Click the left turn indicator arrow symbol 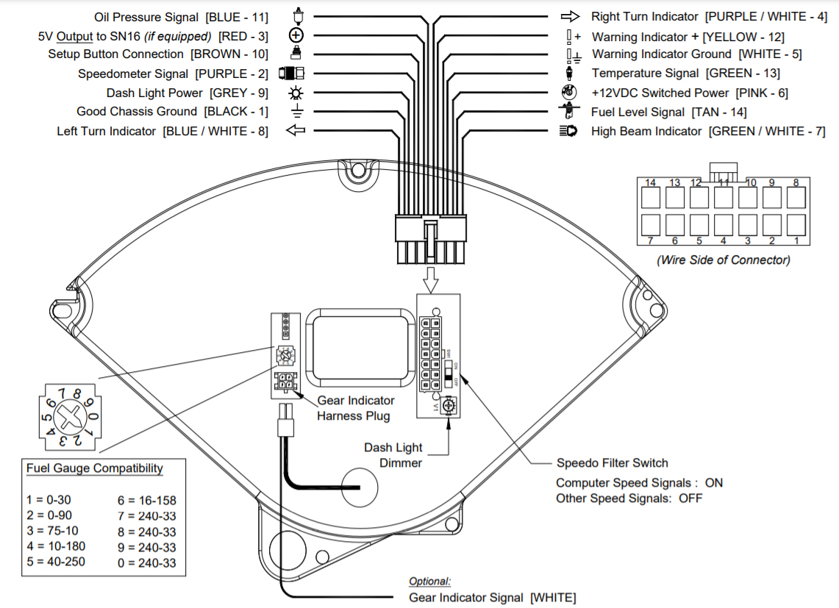pyautogui.click(x=296, y=130)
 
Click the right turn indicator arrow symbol pyautogui.click(x=570, y=17)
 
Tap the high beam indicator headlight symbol pyautogui.click(x=568, y=131)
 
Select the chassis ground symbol pyautogui.click(x=297, y=111)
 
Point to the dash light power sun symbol pyautogui.click(x=296, y=93)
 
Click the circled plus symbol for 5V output pyautogui.click(x=296, y=35)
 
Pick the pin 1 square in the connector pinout pyautogui.click(x=796, y=225)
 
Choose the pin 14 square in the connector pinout pyautogui.click(x=651, y=198)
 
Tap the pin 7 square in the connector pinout pyautogui.click(x=651, y=225)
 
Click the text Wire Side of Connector pyautogui.click(x=724, y=260)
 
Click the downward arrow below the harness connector pyautogui.click(x=431, y=279)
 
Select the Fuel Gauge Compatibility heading pyautogui.click(x=95, y=468)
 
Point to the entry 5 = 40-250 pyautogui.click(x=56, y=562)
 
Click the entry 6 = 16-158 pyautogui.click(x=147, y=501)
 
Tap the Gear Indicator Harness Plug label pyautogui.click(x=356, y=408)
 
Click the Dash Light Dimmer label pyautogui.click(x=393, y=455)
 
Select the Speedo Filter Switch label pyautogui.click(x=612, y=463)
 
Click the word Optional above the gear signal pyautogui.click(x=429, y=582)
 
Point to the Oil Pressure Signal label pyautogui.click(x=146, y=17)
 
